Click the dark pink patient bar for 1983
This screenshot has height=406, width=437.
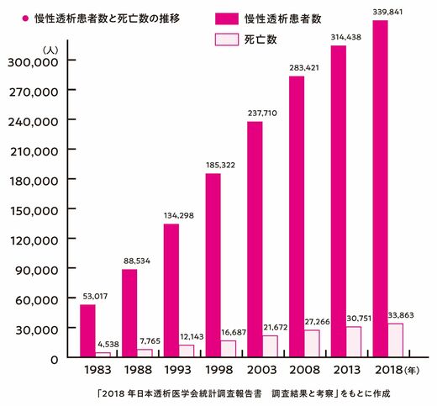click(87, 330)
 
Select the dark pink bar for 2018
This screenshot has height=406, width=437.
click(380, 188)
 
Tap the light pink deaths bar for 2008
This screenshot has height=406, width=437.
click(312, 344)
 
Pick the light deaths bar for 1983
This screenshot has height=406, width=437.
click(103, 355)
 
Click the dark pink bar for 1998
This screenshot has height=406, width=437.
click(213, 266)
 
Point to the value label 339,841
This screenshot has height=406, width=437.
click(387, 12)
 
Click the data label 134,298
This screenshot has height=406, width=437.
click(179, 215)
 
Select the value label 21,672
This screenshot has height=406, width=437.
click(275, 327)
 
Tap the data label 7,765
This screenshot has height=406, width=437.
click(150, 341)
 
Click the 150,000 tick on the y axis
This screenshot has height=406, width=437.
click(34, 211)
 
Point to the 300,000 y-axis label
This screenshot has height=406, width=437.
click(33, 62)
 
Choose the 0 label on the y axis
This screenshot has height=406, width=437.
click(55, 360)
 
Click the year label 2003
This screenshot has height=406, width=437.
click(261, 370)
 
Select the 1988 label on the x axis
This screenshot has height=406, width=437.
click(138, 370)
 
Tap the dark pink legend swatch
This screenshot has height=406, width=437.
click(227, 18)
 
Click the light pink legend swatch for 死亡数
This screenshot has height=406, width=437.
click(227, 40)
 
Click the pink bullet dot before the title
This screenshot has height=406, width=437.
click(25, 18)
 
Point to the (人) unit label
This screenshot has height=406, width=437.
click(50, 50)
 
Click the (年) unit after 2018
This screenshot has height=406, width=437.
click(412, 371)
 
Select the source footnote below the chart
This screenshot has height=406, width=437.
click(244, 393)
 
